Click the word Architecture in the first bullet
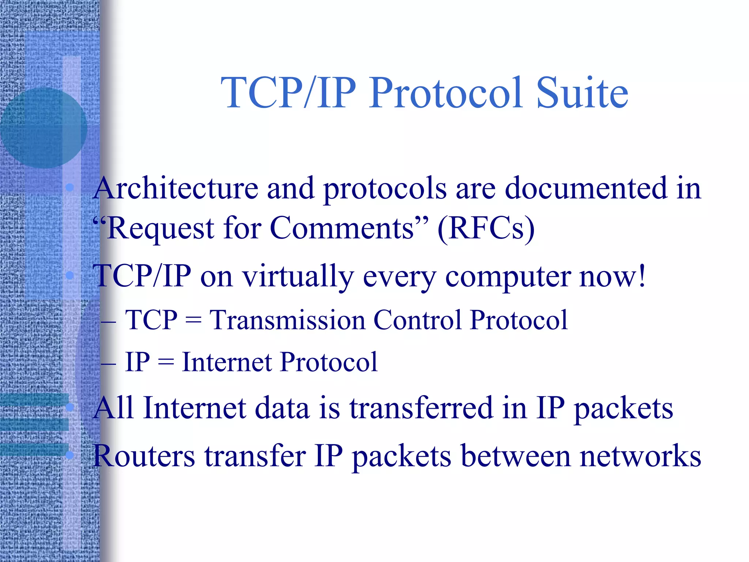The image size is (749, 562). tap(176, 188)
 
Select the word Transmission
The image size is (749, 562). tap(287, 320)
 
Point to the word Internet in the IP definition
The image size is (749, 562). tap(227, 362)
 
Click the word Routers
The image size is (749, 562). tap(144, 456)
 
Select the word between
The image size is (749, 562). tap(516, 456)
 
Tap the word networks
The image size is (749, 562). tap(640, 456)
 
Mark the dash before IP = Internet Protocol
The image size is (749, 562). tap(108, 364)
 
